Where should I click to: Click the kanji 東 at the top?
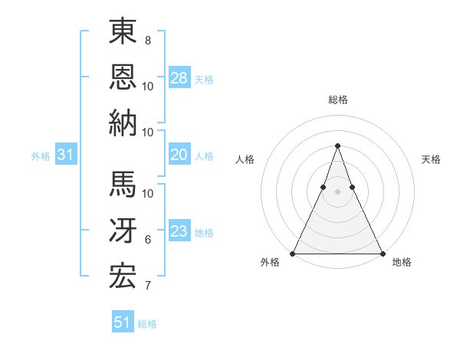click(123, 32)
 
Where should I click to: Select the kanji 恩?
click(123, 77)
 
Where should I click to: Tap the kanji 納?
click(123, 123)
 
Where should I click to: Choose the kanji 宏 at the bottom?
click(123, 276)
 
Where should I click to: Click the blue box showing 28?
click(179, 77)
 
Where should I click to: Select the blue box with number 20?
click(179, 155)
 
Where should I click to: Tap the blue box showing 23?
click(179, 232)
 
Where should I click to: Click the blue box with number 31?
click(66, 155)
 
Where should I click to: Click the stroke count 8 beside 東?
click(148, 40)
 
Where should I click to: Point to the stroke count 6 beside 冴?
click(148, 240)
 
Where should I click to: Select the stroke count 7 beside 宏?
click(148, 286)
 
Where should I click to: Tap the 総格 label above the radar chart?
click(337, 100)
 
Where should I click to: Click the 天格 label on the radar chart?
click(431, 159)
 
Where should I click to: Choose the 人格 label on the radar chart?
click(245, 159)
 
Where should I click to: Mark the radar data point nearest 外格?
click(293, 254)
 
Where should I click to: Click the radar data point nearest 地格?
click(382, 254)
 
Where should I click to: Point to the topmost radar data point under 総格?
click(337, 146)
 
